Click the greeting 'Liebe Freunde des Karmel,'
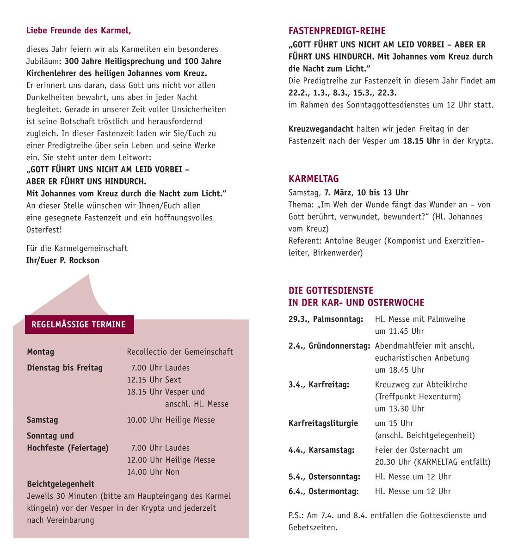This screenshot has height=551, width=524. (x=79, y=31)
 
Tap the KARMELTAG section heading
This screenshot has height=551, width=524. (x=314, y=179)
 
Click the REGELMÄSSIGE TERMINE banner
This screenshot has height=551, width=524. (x=79, y=325)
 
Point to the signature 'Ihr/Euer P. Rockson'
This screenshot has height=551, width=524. (x=62, y=260)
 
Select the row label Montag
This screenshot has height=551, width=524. (x=41, y=352)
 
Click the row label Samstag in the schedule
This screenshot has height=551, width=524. (x=43, y=420)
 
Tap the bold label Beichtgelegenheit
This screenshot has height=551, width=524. (x=61, y=484)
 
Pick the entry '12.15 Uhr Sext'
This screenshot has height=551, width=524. (x=154, y=380)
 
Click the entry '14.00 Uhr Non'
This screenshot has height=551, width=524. (x=153, y=472)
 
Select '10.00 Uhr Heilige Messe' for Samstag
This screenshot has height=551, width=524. (x=171, y=420)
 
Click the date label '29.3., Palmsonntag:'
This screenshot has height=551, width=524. (x=326, y=319)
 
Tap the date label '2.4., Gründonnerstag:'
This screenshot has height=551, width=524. (x=329, y=346)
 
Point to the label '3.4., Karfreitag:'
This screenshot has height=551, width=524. (x=319, y=384)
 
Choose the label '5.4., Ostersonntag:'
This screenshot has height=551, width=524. (x=324, y=476)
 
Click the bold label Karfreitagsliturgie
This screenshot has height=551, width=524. (x=323, y=423)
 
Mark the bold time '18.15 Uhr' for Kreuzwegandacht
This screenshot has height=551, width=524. (x=421, y=141)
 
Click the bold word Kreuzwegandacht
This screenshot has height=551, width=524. (x=321, y=129)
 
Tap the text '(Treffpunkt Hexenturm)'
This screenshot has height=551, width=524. (x=418, y=396)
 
